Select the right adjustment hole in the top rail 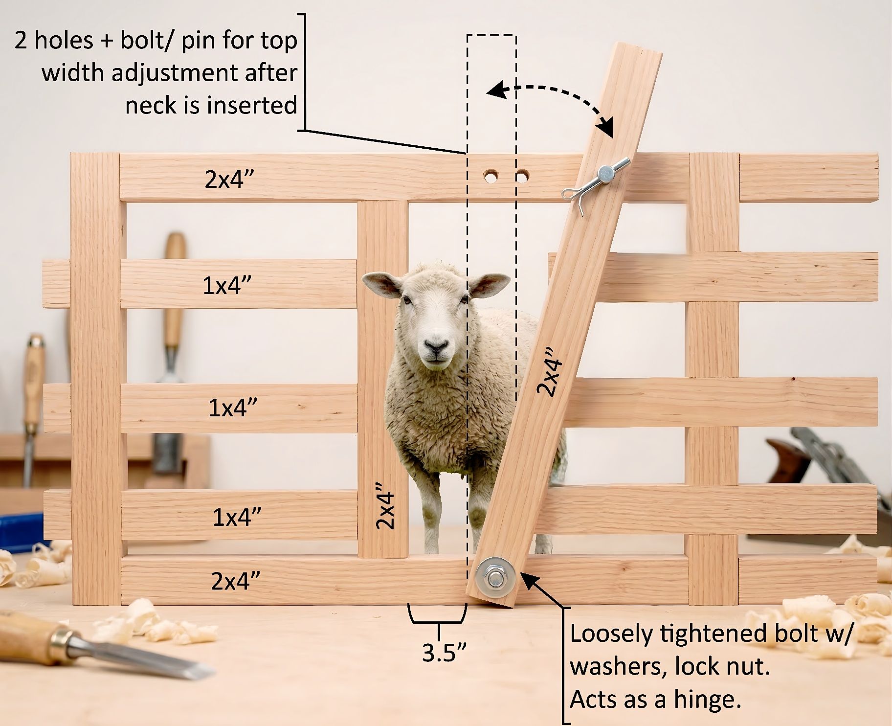coord(523,175)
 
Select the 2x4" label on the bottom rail coord(235,581)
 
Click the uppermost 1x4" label coord(227,285)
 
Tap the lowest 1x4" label coord(237,517)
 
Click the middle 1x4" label coord(233,407)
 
